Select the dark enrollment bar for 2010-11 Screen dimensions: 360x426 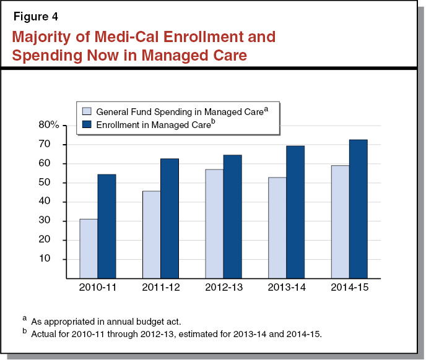point(106,226)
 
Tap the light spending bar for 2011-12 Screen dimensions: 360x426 point(152,234)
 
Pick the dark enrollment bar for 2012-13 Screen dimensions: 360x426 point(232,216)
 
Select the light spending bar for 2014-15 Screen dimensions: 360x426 point(340,222)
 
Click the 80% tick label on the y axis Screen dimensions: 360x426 point(49,125)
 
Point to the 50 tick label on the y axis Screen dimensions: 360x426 point(52,182)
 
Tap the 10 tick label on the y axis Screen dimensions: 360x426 point(52,259)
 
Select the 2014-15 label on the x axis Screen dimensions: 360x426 point(349,288)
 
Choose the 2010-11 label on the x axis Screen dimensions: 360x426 point(98,288)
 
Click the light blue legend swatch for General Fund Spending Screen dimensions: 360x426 point(87,111)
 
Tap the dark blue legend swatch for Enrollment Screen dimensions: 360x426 point(87,125)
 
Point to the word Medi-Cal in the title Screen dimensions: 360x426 point(121,36)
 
